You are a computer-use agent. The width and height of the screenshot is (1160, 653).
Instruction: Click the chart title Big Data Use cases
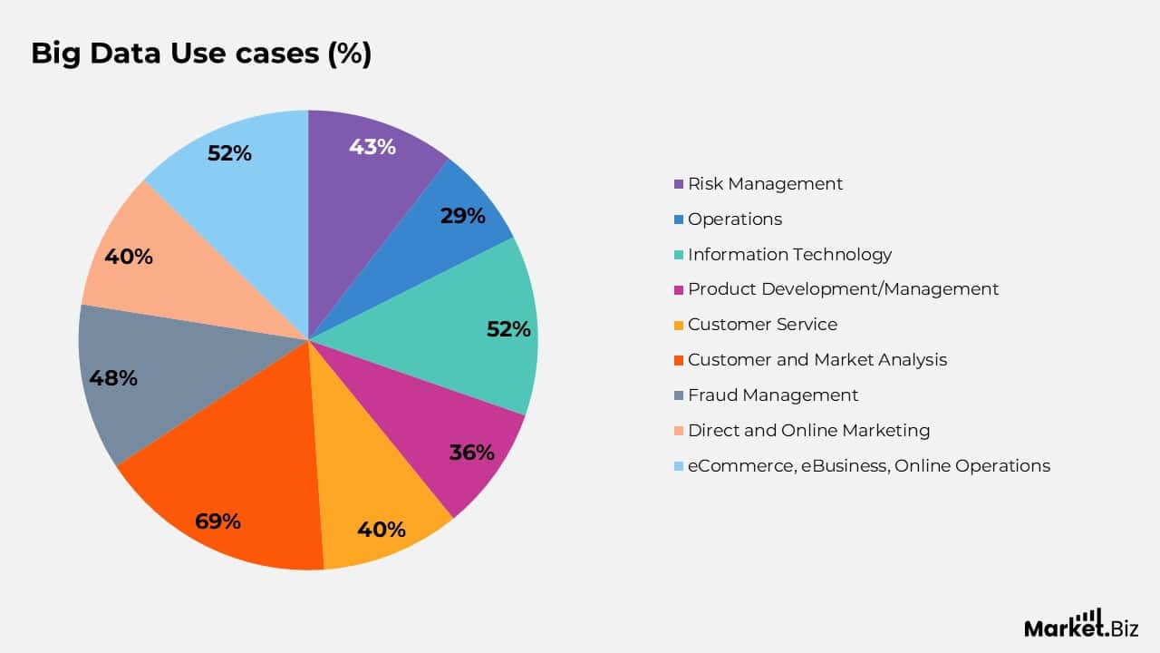pos(201,54)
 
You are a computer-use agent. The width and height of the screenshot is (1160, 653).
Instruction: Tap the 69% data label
pos(217,521)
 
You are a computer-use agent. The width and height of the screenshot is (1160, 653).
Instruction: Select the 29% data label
pos(462,216)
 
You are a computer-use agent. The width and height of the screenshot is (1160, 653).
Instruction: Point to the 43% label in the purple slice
pos(372,147)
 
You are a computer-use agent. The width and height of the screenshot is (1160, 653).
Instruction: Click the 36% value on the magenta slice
pos(472,453)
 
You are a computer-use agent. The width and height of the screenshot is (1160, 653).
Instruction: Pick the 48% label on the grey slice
pos(113,378)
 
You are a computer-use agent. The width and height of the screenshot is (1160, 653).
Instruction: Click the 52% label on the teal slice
pos(508,329)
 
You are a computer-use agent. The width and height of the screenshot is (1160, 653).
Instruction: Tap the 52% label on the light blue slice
pos(229,153)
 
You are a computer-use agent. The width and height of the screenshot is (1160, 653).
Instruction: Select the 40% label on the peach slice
pos(129,257)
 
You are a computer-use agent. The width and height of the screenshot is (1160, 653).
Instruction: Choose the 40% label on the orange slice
pos(382,529)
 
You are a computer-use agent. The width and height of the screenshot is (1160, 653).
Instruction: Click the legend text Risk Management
pos(765,184)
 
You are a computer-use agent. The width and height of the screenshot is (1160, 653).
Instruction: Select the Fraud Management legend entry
pos(772,395)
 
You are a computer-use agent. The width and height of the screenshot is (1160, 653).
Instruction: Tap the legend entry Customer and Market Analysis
pos(817,360)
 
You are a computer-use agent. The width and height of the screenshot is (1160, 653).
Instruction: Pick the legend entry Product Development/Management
pos(843,289)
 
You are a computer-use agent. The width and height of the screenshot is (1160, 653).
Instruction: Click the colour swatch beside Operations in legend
pos(679,219)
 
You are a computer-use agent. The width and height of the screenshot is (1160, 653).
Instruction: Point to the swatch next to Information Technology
pos(679,255)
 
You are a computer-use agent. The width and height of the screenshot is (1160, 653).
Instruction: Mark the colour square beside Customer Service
pos(679,325)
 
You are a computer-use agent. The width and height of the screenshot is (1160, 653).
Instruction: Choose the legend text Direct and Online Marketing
pos(808,431)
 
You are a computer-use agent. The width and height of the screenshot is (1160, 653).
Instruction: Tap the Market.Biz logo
pos(1081,625)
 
